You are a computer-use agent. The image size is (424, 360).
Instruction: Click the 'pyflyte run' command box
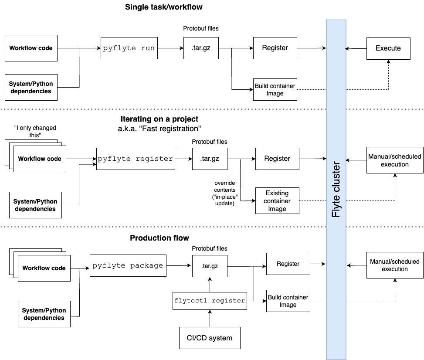tap(129, 48)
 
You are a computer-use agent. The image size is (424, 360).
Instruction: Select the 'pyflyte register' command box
tap(136, 159)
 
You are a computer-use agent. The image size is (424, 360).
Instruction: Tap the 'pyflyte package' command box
tap(128, 265)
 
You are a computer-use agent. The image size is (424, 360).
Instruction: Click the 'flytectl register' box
tap(210, 300)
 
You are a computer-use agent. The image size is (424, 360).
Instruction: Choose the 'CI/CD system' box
tap(210, 338)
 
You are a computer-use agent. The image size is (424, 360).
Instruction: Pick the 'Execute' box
tap(388, 48)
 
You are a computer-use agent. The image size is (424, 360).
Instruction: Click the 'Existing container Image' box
tap(277, 201)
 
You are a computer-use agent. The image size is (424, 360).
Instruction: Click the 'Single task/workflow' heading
tap(163, 7)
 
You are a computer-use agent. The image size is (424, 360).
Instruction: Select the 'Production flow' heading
tap(159, 238)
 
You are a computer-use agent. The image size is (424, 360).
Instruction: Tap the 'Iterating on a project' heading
tap(159, 119)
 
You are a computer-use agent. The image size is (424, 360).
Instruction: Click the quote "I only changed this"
tap(35, 132)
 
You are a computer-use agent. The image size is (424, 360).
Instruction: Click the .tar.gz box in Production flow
tap(210, 265)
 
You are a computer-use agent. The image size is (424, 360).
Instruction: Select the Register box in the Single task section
tap(275, 48)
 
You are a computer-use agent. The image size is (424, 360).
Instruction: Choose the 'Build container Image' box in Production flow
tap(288, 301)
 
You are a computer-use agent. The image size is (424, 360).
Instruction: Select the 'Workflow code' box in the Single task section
tap(31, 48)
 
